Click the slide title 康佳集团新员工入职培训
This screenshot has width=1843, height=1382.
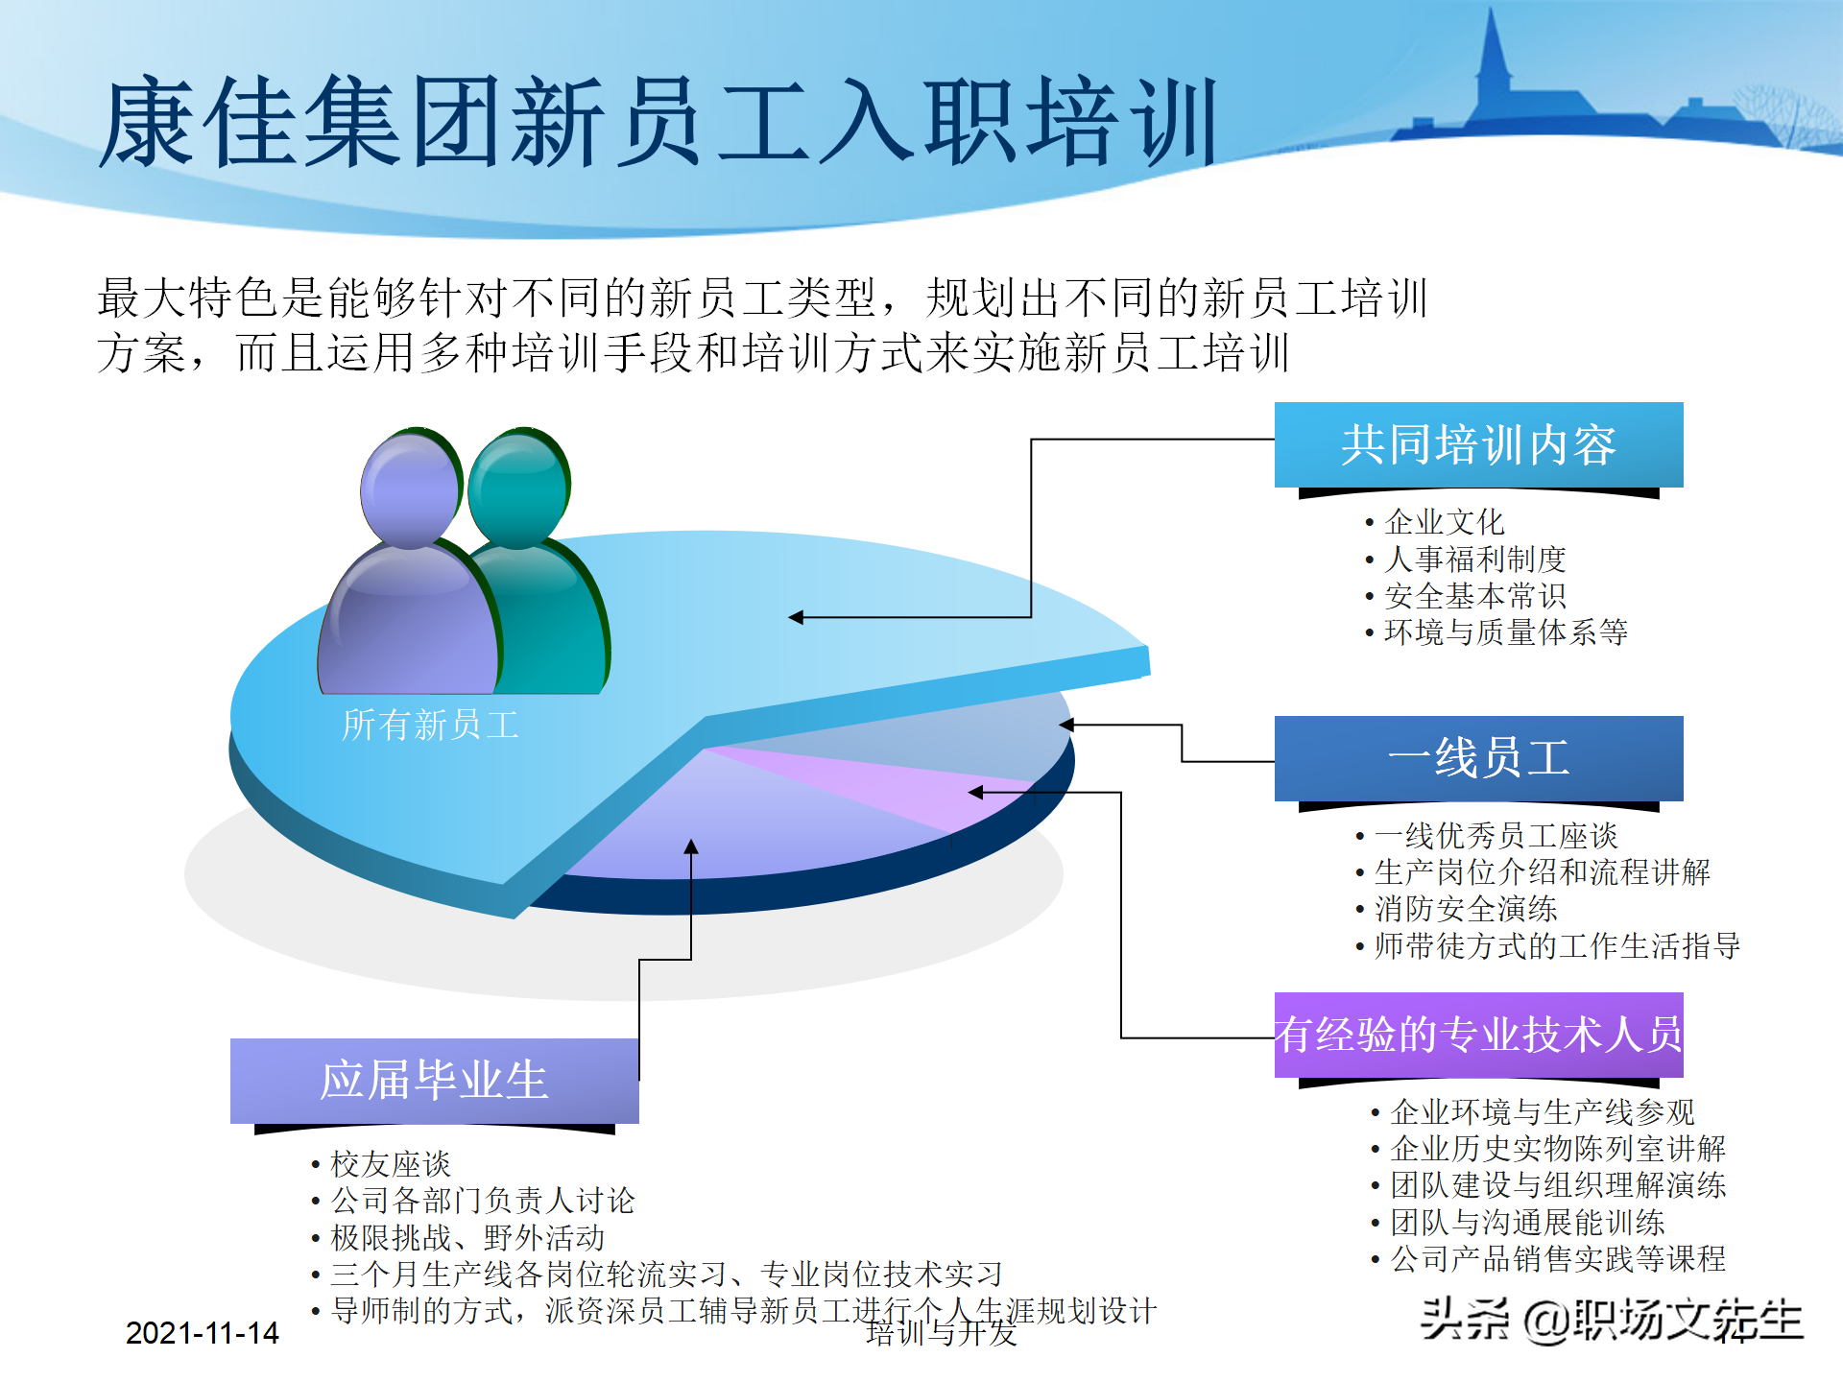(x=658, y=123)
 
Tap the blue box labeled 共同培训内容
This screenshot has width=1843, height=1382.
(x=1478, y=444)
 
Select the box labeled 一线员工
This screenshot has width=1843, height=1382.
(x=1478, y=758)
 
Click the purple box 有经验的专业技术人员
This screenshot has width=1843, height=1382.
(x=1478, y=1035)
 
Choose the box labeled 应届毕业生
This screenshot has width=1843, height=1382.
(x=434, y=1081)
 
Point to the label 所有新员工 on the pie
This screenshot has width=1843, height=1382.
(x=430, y=725)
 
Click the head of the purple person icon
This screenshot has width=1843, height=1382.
(x=410, y=489)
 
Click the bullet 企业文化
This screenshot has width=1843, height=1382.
(x=1444, y=522)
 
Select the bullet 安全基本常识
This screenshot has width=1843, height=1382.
(x=1474, y=596)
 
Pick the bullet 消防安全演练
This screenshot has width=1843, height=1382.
(x=1465, y=909)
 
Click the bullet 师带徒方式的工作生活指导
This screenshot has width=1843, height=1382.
(x=1556, y=945)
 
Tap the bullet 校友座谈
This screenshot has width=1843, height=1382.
(x=390, y=1164)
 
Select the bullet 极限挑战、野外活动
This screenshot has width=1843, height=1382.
(x=467, y=1237)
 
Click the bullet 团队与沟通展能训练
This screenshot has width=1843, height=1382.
(x=1526, y=1222)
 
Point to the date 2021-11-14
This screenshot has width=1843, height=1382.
(x=202, y=1333)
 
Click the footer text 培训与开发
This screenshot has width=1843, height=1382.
(x=941, y=1334)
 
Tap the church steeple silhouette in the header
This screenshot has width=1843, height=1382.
(x=1493, y=58)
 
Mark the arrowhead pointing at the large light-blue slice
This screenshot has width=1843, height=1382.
(x=796, y=617)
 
